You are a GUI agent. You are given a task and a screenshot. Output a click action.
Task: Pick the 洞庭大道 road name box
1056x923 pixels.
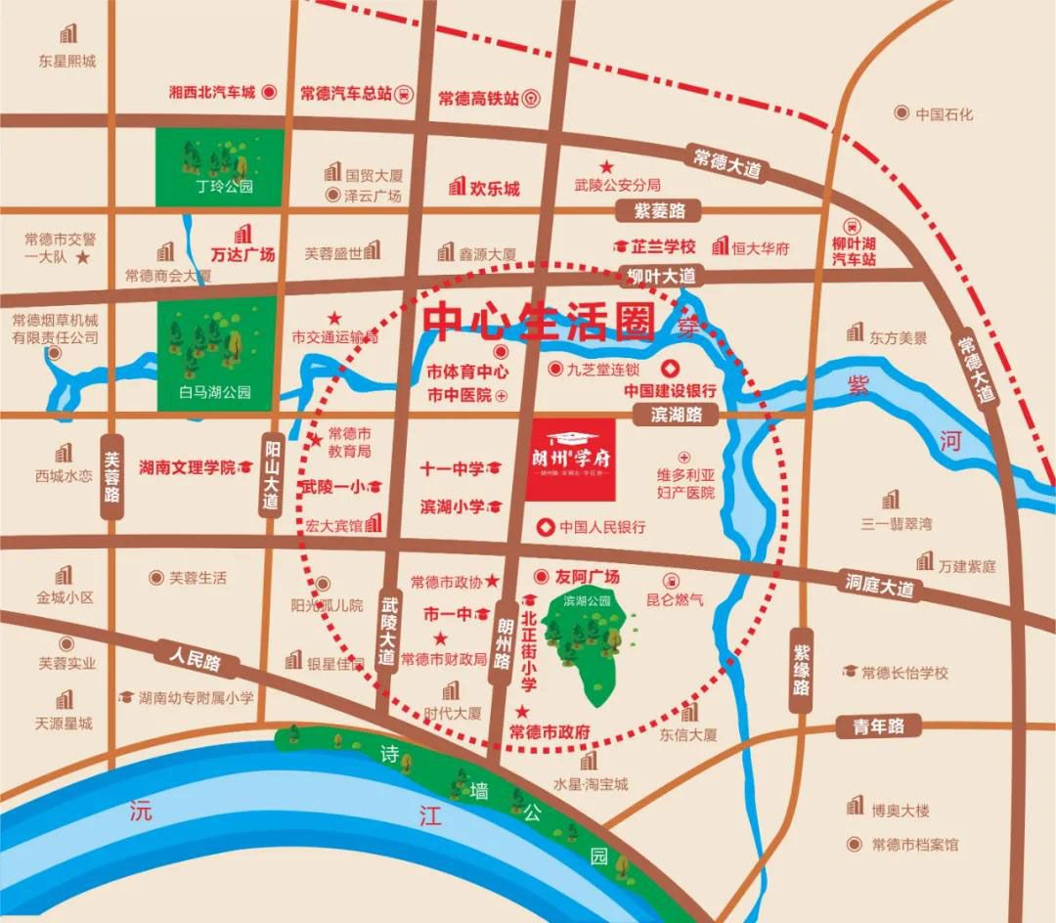tap(880, 586)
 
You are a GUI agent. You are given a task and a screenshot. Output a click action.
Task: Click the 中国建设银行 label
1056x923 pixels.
tap(671, 389)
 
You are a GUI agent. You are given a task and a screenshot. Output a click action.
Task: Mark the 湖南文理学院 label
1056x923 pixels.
tap(188, 467)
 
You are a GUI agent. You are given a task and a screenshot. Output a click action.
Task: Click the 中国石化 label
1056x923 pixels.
tap(944, 113)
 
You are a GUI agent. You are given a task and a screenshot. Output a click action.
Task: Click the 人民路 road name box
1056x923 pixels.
tap(195, 660)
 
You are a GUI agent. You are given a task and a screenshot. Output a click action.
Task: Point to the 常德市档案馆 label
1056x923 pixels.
tap(915, 844)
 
